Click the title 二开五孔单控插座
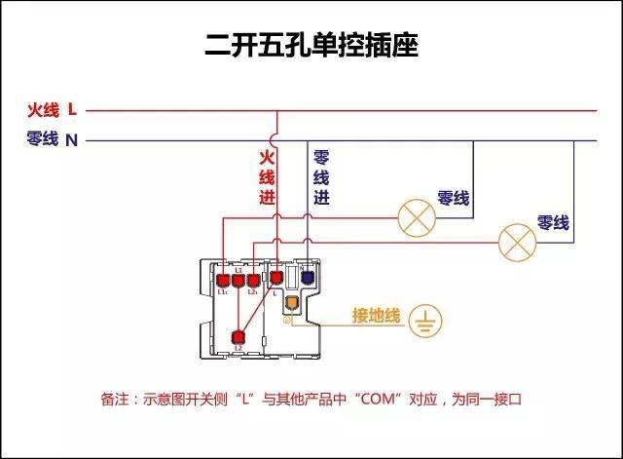pos(311,45)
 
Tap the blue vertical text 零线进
pos(321,176)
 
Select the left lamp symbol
pos(416,217)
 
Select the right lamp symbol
pos(517,241)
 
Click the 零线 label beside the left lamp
pos(454,199)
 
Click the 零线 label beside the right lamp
pos(553,223)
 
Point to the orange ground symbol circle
pos(425,320)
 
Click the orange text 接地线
pos(376,316)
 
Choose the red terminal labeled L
pos(275,280)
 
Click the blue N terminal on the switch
pos(308,278)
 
